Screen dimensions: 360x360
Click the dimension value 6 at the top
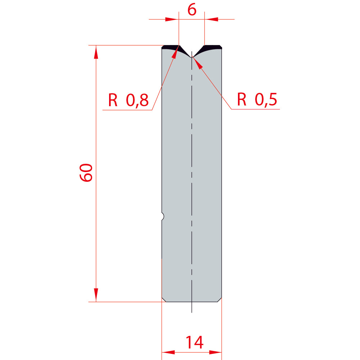pyautogui.click(x=192, y=10)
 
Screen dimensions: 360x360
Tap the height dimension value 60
pyautogui.click(x=86, y=173)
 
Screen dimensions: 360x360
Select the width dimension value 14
pyautogui.click(x=194, y=342)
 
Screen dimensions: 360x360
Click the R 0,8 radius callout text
pyautogui.click(x=129, y=100)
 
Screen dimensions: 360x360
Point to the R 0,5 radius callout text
pyautogui.click(x=257, y=99)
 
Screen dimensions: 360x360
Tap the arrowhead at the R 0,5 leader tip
pyautogui.click(x=198, y=62)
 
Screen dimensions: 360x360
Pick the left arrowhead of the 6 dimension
pyautogui.click(x=172, y=19)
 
